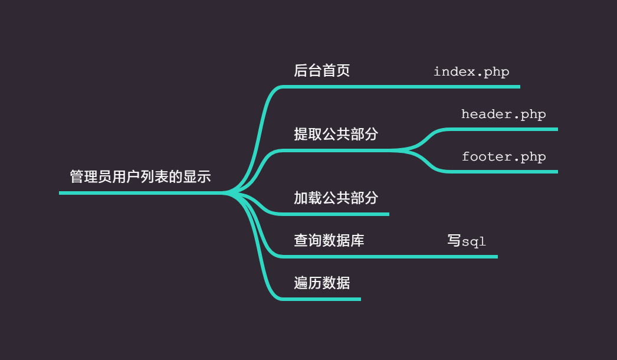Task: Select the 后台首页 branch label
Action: click(x=322, y=71)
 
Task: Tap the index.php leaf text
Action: click(x=471, y=72)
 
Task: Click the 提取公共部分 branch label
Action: click(x=336, y=134)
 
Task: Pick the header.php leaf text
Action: click(x=504, y=114)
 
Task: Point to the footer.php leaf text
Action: click(x=504, y=157)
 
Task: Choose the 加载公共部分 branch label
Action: click(x=336, y=198)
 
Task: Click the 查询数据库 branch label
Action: click(x=329, y=240)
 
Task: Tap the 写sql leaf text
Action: click(x=467, y=241)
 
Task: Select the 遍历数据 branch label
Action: click(x=322, y=283)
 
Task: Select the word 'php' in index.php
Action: click(x=497, y=73)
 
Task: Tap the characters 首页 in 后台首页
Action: click(x=336, y=71)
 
